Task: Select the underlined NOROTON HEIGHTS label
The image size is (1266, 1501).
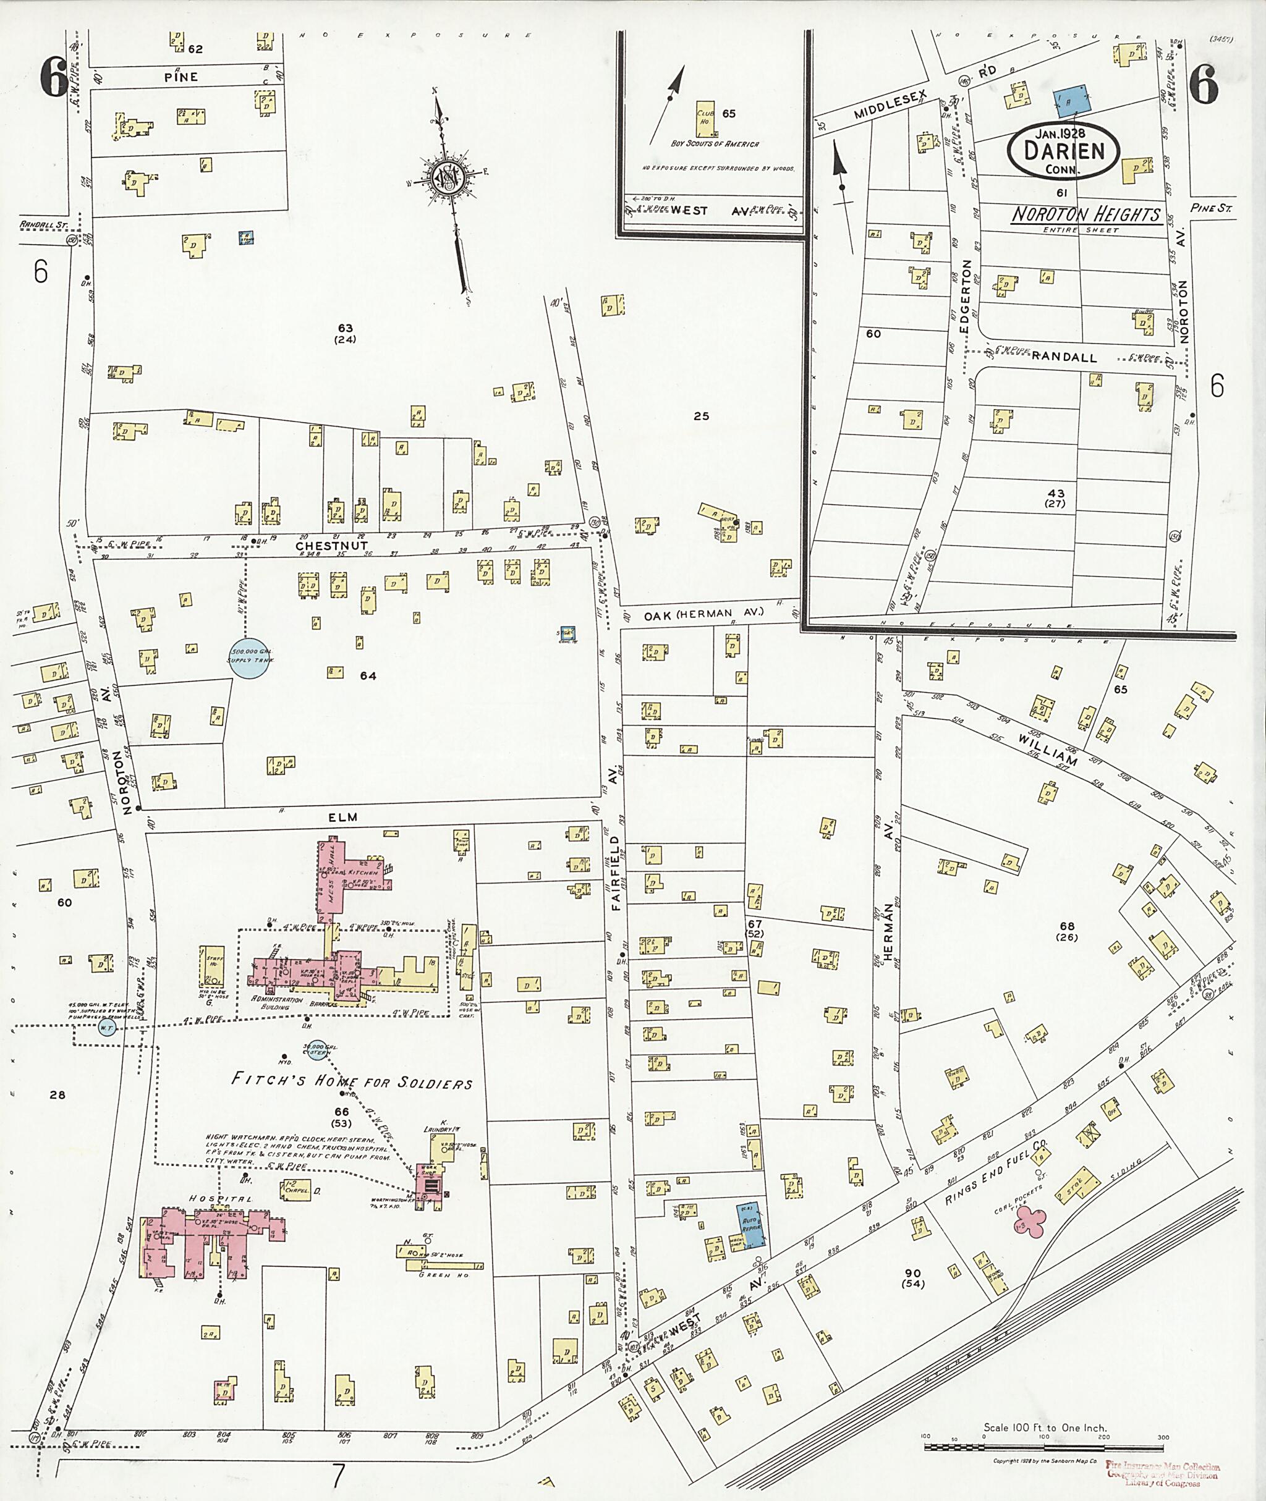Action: point(1086,214)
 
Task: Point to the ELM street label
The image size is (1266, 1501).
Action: point(343,817)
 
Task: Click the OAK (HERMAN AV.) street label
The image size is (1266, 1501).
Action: point(703,614)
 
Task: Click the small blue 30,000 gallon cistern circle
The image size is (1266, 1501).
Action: point(316,1051)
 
